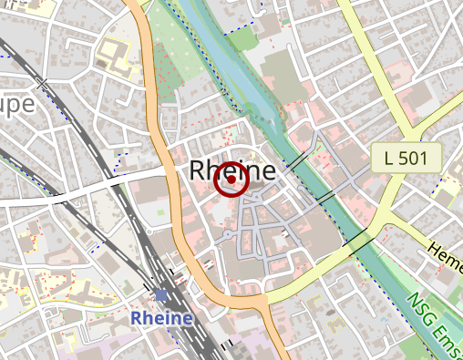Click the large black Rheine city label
click(x=232, y=170)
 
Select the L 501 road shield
click(x=406, y=159)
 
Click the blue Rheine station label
click(x=161, y=318)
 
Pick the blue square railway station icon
click(x=162, y=295)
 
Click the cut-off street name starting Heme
click(x=445, y=252)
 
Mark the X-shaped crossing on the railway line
click(x=41, y=82)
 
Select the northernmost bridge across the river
click(x=296, y=162)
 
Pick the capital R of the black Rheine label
click(x=199, y=170)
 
